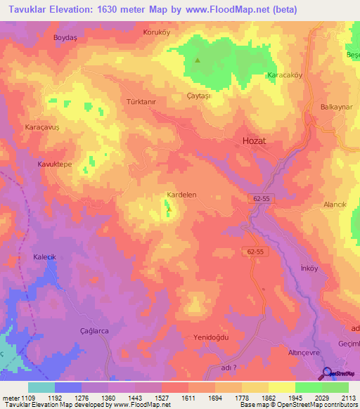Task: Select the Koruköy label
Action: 157,32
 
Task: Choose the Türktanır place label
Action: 141,102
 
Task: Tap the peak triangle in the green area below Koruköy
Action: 197,60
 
